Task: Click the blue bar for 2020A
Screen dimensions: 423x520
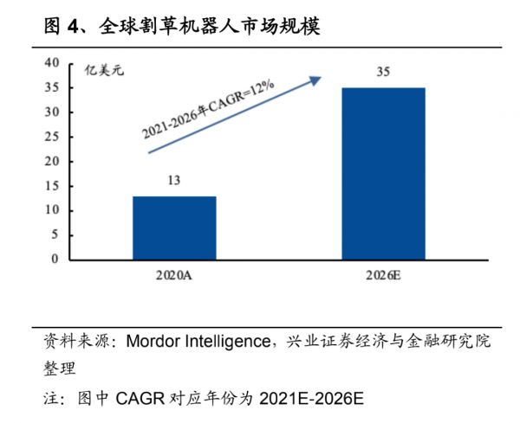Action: click(174, 228)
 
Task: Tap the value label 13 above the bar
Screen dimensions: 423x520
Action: click(173, 182)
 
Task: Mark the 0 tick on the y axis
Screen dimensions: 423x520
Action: click(55, 260)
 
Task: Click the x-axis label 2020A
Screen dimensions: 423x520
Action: click(174, 276)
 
